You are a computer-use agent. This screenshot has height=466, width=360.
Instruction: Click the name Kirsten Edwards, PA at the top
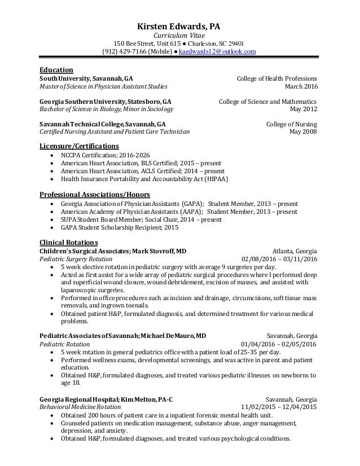(180, 25)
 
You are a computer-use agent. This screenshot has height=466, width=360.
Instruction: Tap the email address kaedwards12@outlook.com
(217, 51)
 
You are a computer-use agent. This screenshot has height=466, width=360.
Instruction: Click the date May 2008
(303, 133)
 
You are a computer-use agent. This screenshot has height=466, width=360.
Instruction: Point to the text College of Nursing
(291, 125)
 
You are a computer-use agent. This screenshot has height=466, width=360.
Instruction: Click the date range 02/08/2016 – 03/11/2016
(279, 260)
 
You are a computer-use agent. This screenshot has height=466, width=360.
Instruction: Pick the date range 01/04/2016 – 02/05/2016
(279, 344)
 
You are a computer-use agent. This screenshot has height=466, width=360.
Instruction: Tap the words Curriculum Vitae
(180, 35)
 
